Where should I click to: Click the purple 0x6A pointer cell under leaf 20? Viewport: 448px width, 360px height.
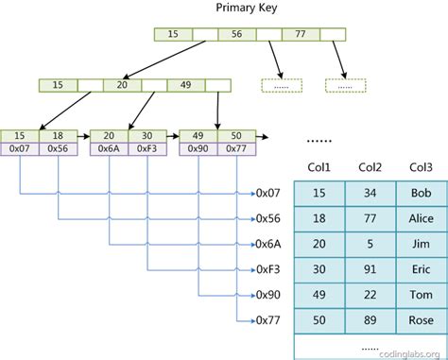point(109,148)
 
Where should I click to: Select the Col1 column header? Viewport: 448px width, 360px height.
point(319,167)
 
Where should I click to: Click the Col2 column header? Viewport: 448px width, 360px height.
point(370,167)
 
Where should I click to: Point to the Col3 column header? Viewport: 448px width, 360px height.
point(421,167)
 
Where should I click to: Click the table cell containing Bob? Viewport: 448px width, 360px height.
point(421,194)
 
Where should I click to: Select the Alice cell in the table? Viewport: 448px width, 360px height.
point(421,219)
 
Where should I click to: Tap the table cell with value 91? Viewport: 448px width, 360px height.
point(370,268)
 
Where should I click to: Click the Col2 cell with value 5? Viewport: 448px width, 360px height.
point(370,244)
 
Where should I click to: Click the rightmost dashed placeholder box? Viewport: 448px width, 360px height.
point(343,85)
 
